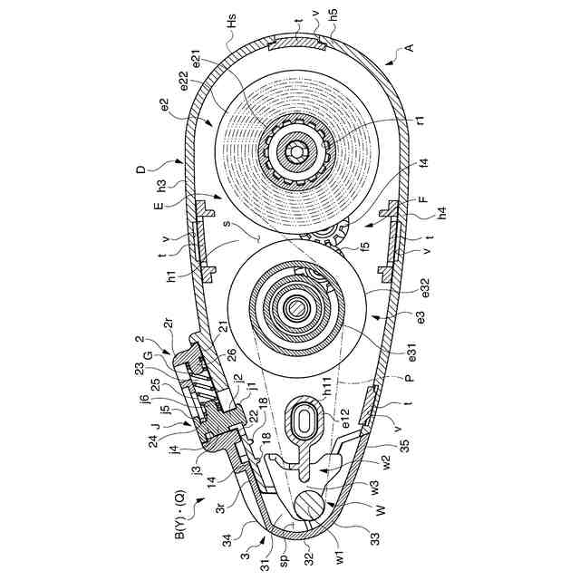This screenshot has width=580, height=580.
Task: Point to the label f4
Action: (x=423, y=165)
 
